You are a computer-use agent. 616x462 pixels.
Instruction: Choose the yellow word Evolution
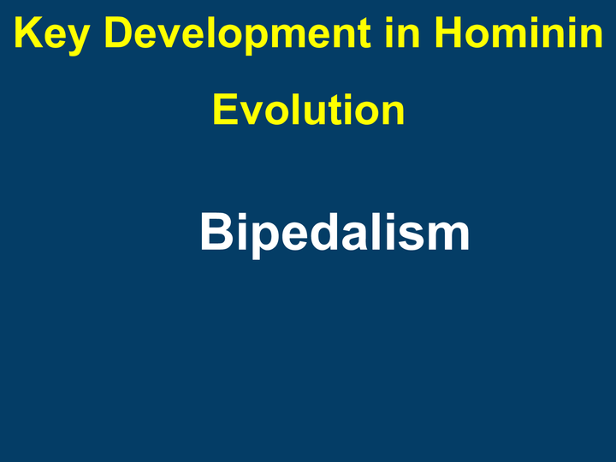(x=308, y=110)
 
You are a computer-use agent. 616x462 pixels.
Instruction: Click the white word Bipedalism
(x=335, y=233)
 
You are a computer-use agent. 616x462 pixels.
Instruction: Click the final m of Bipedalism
(x=449, y=237)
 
